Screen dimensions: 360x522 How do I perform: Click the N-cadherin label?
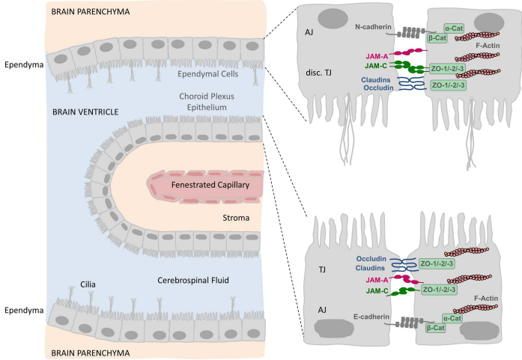[371, 25]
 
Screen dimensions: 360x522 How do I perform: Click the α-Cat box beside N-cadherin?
[453, 28]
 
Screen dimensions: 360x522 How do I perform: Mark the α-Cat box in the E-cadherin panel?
[452, 317]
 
